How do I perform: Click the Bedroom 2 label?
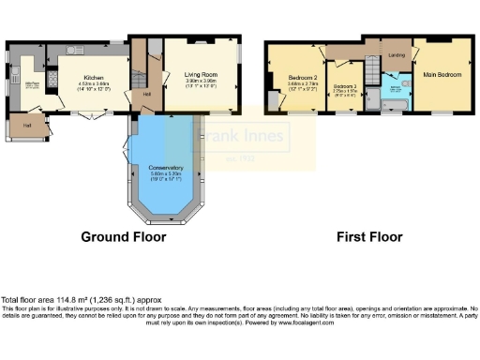(x=302, y=78)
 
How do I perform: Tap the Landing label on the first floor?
(x=397, y=55)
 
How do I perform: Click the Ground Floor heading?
(x=123, y=237)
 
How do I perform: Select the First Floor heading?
(x=368, y=237)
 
